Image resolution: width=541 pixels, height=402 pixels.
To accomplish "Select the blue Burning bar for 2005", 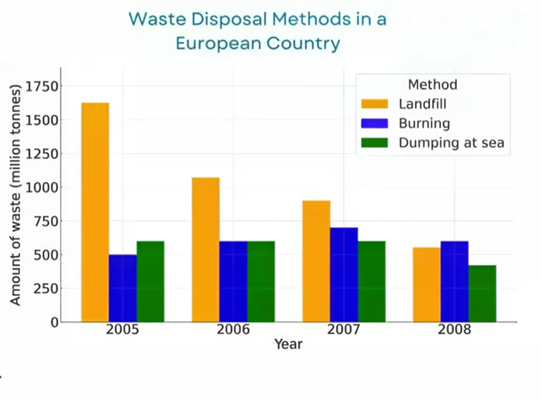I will (x=123, y=288).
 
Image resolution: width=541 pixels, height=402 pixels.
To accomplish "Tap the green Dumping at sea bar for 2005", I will (x=150, y=281).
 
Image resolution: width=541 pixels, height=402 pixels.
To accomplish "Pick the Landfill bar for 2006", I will (x=205, y=250).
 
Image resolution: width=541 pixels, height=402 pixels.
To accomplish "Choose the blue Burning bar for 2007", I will (x=344, y=275).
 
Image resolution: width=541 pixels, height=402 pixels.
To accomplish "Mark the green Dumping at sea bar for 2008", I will (x=482, y=294).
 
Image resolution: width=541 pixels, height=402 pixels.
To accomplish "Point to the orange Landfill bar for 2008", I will (x=427, y=285).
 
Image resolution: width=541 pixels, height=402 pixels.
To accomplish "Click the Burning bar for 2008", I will (x=455, y=281).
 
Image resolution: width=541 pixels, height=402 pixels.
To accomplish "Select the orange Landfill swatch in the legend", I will (x=374, y=104).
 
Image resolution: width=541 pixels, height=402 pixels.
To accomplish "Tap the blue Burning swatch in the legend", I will (x=374, y=123).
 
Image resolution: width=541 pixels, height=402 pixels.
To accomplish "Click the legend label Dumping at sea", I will (x=451, y=143).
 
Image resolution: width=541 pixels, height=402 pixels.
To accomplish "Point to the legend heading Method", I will (x=433, y=85).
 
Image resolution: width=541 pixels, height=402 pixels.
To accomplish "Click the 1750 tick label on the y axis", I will (x=42, y=86).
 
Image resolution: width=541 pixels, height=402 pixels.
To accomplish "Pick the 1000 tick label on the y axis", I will (x=42, y=187).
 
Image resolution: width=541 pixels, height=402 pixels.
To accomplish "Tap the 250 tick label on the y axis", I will (x=46, y=288).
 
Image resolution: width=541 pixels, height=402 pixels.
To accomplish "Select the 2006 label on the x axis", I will (x=233, y=329).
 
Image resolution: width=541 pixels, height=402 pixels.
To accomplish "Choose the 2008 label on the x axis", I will (x=454, y=329).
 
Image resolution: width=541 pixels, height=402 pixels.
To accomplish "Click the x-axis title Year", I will (x=289, y=344).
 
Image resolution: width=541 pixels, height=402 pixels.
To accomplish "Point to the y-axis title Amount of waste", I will (x=15, y=195).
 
